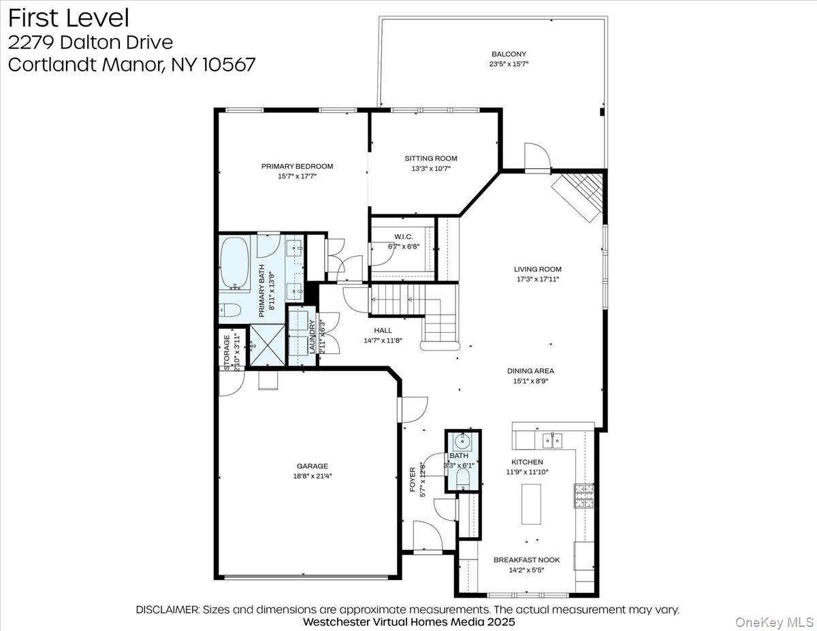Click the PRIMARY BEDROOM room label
(x=298, y=166)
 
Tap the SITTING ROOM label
(x=431, y=159)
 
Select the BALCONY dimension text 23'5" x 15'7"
(x=509, y=63)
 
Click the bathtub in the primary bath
(x=236, y=264)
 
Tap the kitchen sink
(x=552, y=442)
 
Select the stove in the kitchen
(x=583, y=497)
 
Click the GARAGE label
(x=313, y=466)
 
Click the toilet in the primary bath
(x=229, y=310)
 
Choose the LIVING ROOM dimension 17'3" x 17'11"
(x=538, y=278)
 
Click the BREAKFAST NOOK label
(x=526, y=560)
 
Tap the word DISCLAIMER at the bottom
(x=167, y=609)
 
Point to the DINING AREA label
(x=530, y=371)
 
